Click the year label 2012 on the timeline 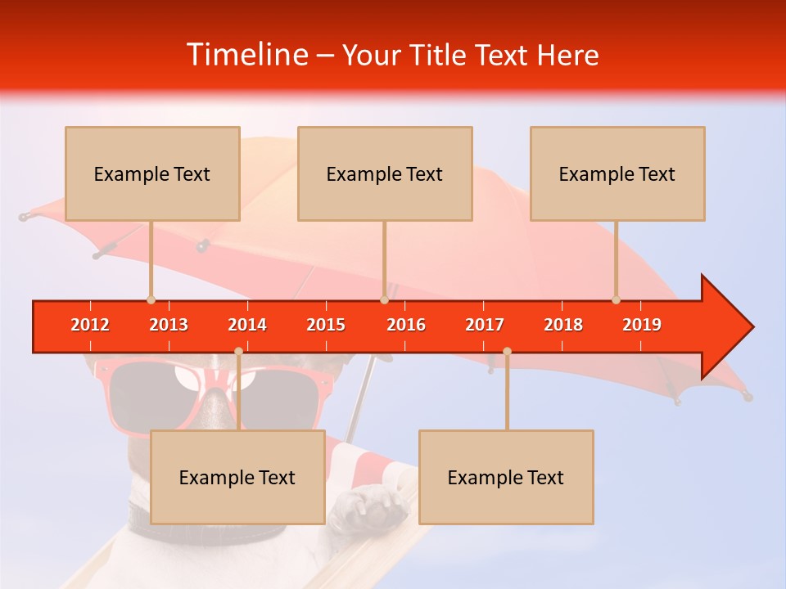tap(90, 325)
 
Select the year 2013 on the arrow tap(169, 325)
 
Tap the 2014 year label tap(247, 325)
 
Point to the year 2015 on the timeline tap(326, 325)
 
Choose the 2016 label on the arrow tap(406, 325)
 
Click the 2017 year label tap(485, 325)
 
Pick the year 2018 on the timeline tap(563, 325)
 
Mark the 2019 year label tap(642, 325)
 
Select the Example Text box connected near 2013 tap(152, 173)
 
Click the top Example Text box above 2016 tap(385, 173)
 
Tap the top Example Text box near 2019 tap(617, 173)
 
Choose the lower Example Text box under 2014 tap(237, 477)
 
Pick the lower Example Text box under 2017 tap(506, 477)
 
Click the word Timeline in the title tap(246, 55)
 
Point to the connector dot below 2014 tap(239, 352)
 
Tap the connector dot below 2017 tap(507, 352)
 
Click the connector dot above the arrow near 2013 tap(151, 299)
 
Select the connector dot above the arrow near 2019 tap(616, 299)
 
